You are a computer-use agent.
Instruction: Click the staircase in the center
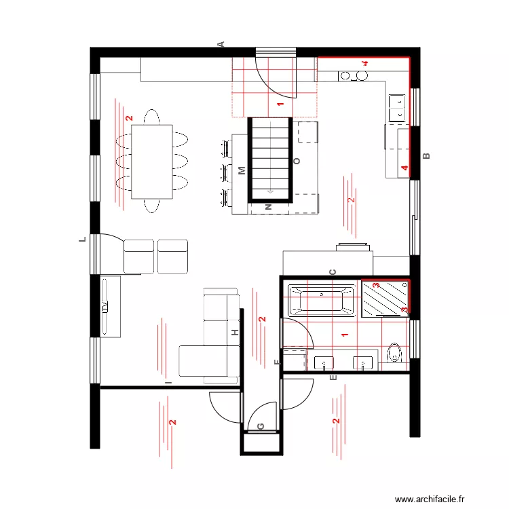pyautogui.click(x=271, y=158)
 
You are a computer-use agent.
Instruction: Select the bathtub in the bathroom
pyautogui.click(x=322, y=300)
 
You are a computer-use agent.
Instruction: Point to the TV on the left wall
pyautogui.click(x=105, y=306)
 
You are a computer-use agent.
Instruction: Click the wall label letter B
pyautogui.click(x=427, y=157)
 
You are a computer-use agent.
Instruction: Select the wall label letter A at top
pyautogui.click(x=221, y=44)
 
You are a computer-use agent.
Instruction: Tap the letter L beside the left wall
pyautogui.click(x=80, y=240)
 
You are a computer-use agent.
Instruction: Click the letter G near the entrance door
pyautogui.click(x=261, y=426)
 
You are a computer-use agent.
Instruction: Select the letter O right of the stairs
pyautogui.click(x=296, y=162)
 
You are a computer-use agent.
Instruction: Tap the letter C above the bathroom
pyautogui.click(x=333, y=272)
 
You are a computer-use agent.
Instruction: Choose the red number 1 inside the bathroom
pyautogui.click(x=344, y=334)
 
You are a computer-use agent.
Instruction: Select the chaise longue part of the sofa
pyautogui.click(x=204, y=360)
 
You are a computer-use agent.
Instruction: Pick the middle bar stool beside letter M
pyautogui.click(x=225, y=171)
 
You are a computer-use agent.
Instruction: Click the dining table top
pyautogui.click(x=152, y=162)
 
